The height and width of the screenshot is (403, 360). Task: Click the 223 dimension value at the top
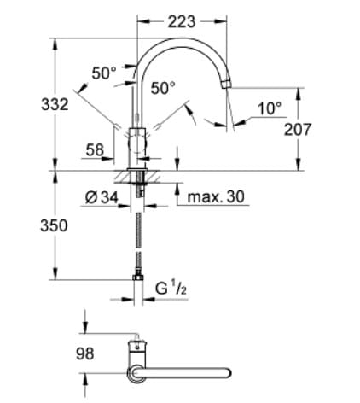point(182,22)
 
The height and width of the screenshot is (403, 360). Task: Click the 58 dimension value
point(96,150)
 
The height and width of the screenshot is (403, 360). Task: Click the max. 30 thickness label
point(215,197)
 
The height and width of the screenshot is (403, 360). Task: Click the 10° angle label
point(269,108)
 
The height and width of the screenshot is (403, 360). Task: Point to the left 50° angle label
point(104,73)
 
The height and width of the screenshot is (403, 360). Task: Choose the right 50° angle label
point(163,87)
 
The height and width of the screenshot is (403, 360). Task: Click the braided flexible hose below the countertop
point(139,235)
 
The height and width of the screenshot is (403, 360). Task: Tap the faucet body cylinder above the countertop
point(138,145)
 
